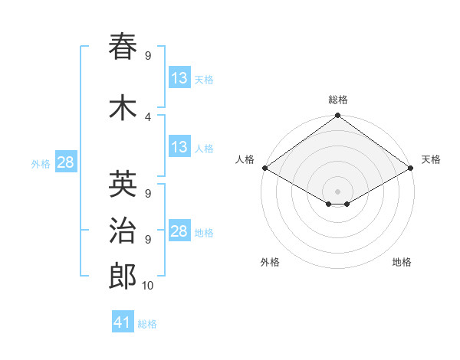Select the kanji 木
pos(123,108)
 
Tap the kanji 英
pos(123,184)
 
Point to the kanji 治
pos(123,231)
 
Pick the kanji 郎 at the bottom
pos(123,277)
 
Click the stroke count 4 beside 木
pos(148,116)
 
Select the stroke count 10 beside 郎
pos(148,286)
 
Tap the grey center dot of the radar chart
pos(337,190)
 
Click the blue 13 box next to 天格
pos(179,78)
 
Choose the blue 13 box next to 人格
pos(179,147)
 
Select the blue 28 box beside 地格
pos(179,231)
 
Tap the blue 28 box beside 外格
pos(65,162)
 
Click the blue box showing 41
pos(123,322)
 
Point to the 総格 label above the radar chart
pos(337,100)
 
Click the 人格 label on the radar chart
pos(245,159)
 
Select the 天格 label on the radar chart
pos(431,159)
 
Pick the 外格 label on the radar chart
pos(270,262)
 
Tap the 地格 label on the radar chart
pos(402,262)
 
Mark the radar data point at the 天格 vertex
pos(410,168)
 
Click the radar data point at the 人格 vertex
pos(264,168)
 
